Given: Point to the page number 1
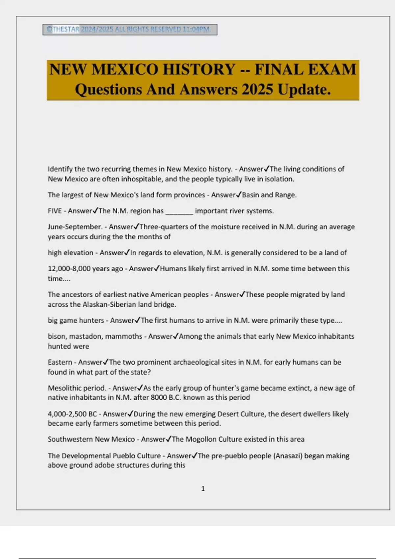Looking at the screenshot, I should [203, 489].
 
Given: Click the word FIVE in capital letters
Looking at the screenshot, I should [55, 211].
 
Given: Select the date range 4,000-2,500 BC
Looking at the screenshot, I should [72, 414].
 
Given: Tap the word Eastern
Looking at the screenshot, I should [60, 362].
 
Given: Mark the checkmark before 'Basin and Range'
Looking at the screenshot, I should [239, 195].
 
